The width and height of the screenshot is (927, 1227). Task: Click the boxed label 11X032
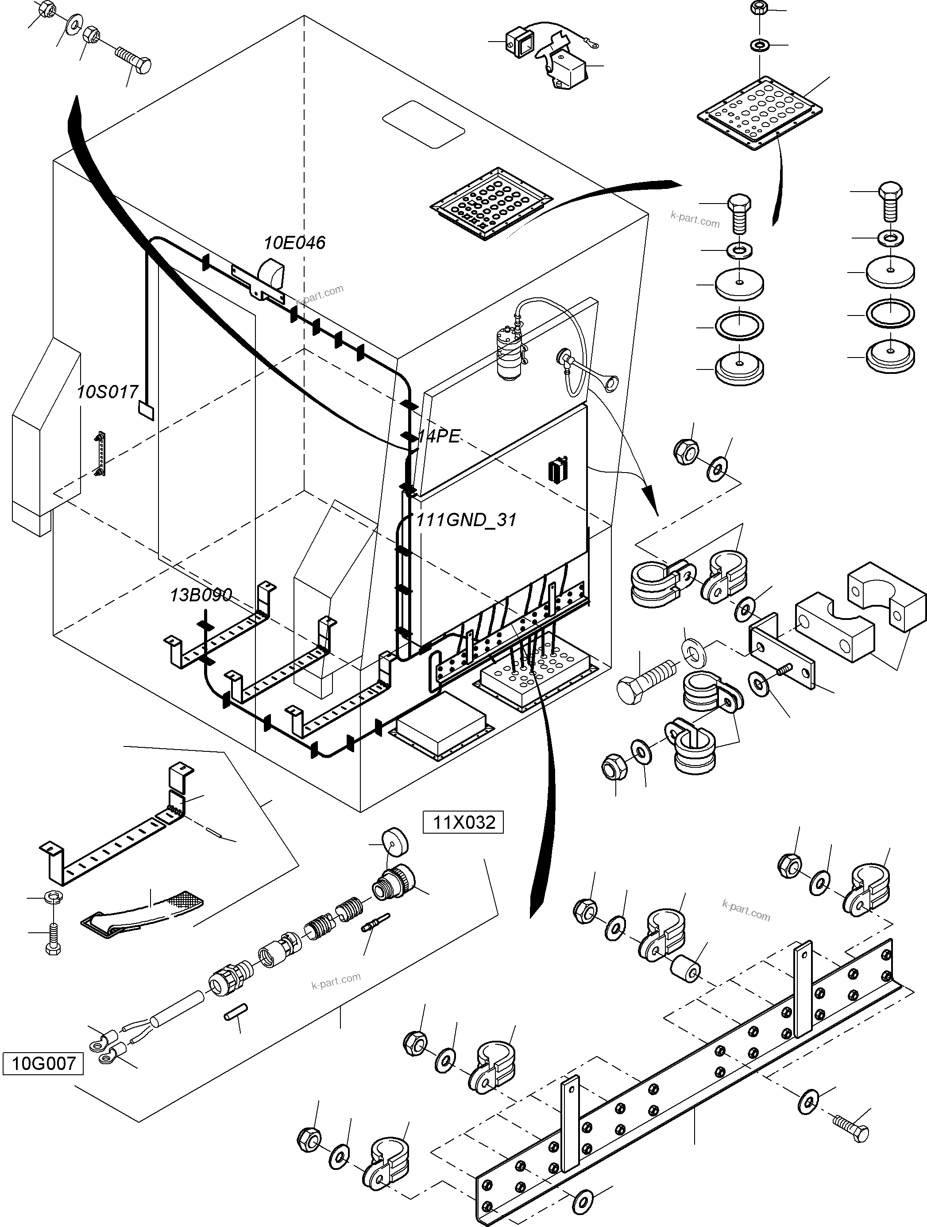pos(463,822)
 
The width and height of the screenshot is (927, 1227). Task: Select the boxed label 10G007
pos(43,1063)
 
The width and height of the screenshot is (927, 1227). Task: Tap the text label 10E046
pos(294,242)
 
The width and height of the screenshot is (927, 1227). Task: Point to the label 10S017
pos(107,392)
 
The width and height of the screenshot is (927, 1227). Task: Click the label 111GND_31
pos(466,520)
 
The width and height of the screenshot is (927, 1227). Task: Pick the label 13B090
pos(201,595)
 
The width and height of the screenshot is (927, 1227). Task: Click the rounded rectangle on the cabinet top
pos(424,124)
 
